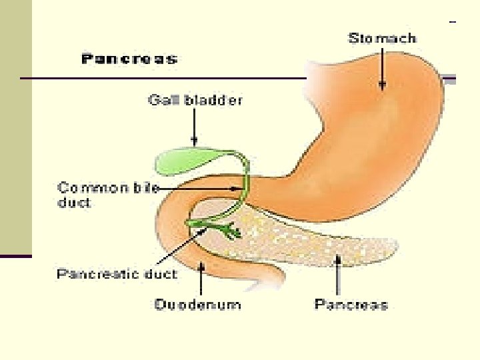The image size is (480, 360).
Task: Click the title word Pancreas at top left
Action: (x=129, y=59)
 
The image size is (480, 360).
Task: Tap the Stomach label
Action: (x=382, y=38)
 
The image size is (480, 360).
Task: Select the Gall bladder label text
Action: (x=195, y=101)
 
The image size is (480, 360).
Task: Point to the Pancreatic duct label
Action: (x=117, y=274)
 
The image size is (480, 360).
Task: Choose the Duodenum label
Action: (x=197, y=305)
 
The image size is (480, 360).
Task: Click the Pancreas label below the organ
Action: (x=351, y=305)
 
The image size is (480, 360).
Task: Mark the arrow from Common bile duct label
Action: (x=200, y=188)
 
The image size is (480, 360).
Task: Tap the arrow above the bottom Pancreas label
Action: (x=339, y=275)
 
